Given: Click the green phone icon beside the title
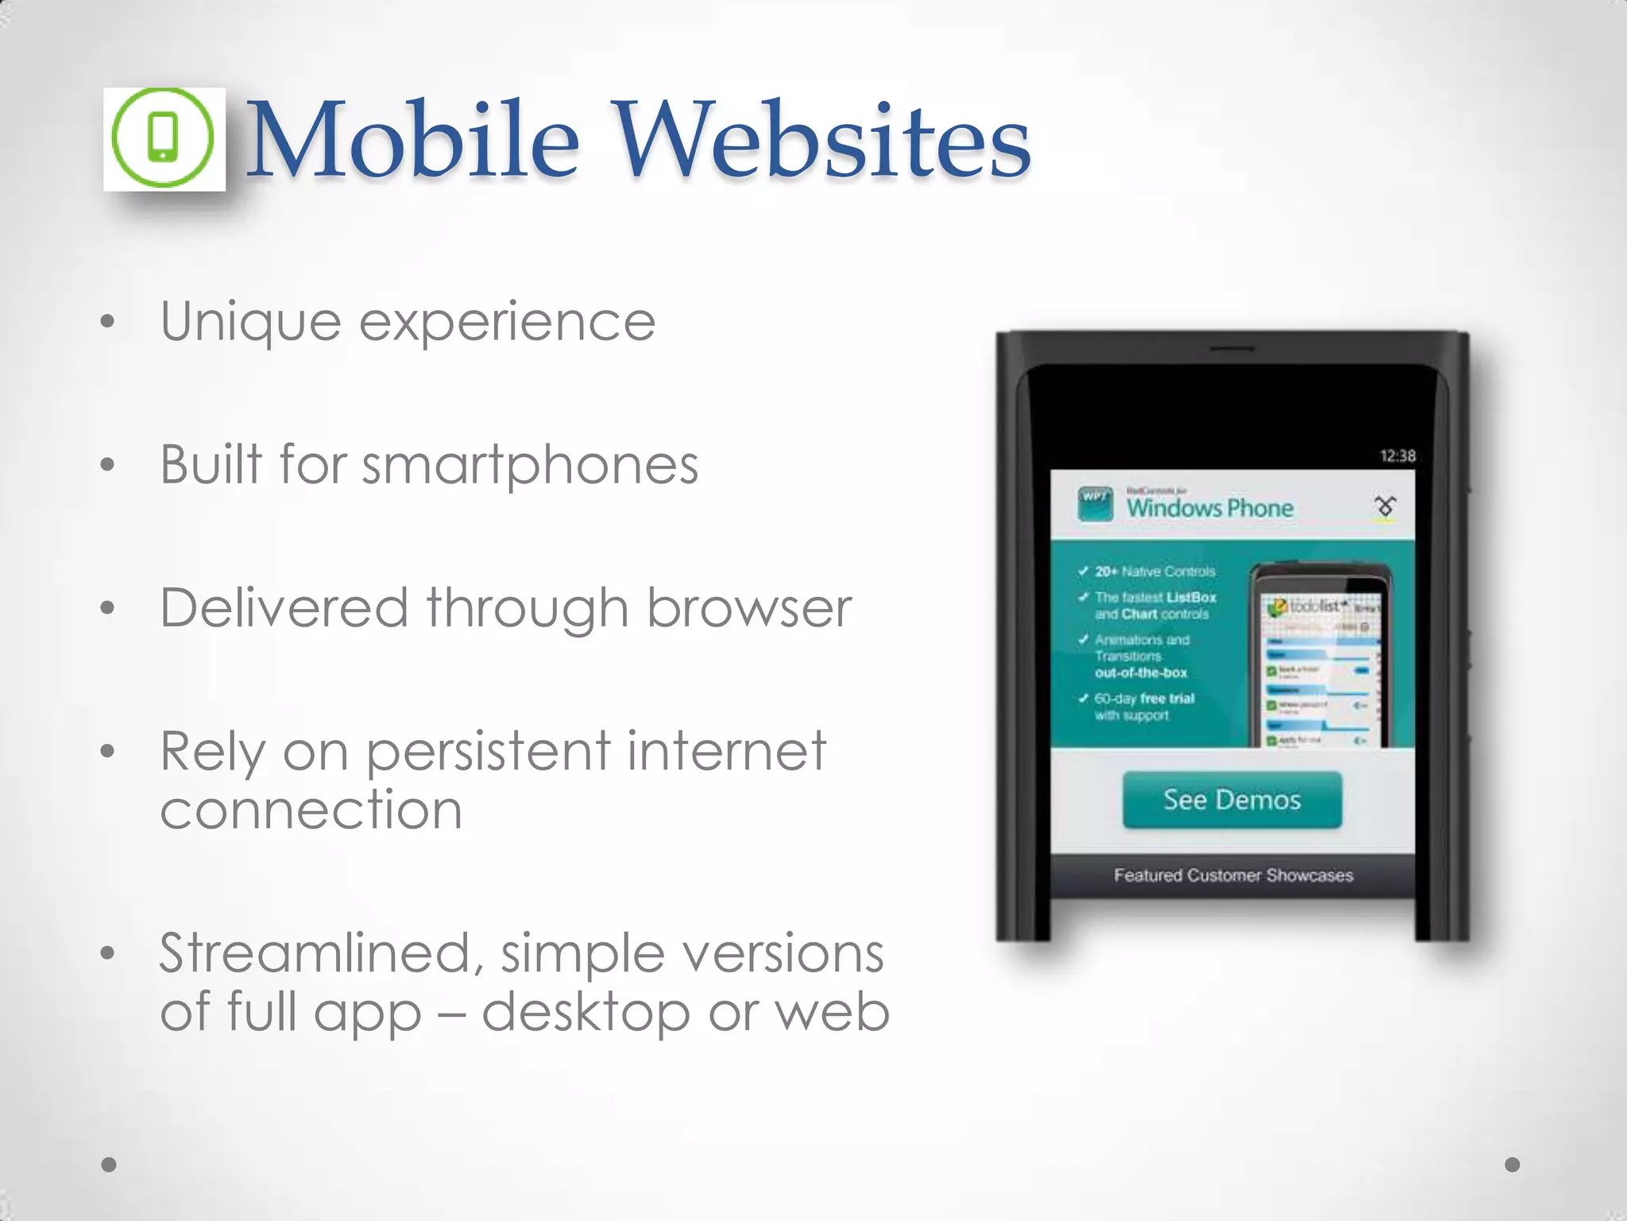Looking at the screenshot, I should click(x=163, y=138).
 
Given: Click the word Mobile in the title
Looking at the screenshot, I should click(x=413, y=140).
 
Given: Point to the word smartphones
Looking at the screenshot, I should click(x=530, y=466).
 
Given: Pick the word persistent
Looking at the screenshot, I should click(x=488, y=752).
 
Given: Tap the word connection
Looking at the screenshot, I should click(x=311, y=811).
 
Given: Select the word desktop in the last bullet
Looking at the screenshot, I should click(x=585, y=1013).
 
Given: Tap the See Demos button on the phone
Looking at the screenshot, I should click(x=1231, y=800).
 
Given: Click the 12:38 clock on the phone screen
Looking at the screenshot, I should click(x=1397, y=455).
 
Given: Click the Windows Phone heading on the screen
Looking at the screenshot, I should click(x=1209, y=508).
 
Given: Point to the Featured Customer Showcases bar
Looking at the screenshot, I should click(x=1232, y=875).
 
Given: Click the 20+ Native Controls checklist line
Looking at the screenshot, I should click(x=1154, y=572).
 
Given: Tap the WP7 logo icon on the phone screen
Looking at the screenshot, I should click(x=1095, y=503).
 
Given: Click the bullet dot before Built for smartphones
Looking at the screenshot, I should click(x=108, y=465).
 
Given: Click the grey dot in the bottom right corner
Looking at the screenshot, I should click(x=1512, y=1165).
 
